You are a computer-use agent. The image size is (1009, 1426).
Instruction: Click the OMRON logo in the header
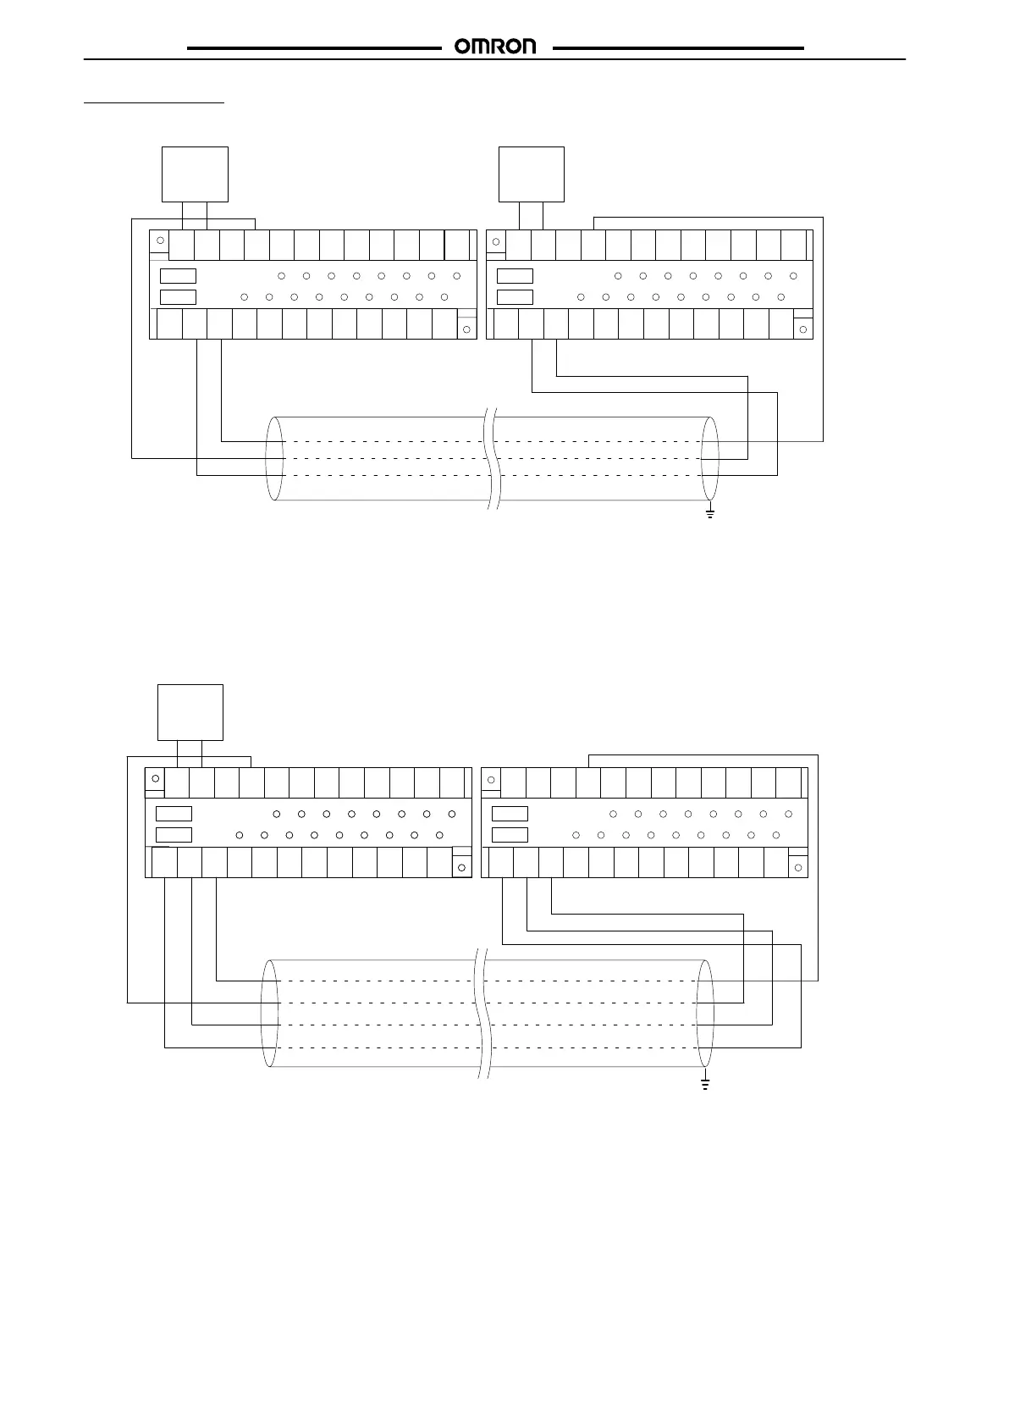(496, 47)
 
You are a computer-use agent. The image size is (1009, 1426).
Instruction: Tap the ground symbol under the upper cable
(709, 512)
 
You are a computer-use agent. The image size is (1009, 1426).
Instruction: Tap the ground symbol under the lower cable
(704, 1083)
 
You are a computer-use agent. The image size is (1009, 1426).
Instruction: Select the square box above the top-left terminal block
(195, 174)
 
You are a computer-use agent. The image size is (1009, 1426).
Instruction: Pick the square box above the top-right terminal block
(531, 174)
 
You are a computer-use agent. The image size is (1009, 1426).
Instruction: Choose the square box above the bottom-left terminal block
(190, 712)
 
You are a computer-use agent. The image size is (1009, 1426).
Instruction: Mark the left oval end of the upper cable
(274, 458)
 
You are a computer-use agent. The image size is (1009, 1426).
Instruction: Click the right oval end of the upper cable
(710, 458)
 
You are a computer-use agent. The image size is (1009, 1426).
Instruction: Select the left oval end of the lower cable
(270, 1013)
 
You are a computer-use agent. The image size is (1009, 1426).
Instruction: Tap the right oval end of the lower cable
(705, 1013)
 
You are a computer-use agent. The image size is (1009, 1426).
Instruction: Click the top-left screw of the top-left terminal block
(160, 242)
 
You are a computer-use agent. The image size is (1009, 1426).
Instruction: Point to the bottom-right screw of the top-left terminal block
(466, 329)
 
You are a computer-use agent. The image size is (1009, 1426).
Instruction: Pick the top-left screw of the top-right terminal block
(496, 242)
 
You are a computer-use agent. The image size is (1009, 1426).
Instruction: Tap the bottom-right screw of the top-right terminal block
(802, 329)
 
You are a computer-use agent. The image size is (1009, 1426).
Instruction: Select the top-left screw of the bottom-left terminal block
(155, 779)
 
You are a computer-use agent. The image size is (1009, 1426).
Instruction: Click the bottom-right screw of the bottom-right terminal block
(798, 867)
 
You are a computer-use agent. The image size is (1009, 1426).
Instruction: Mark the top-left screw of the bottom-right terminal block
(491, 779)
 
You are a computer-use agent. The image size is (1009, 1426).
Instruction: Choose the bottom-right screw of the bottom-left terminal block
(461, 867)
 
